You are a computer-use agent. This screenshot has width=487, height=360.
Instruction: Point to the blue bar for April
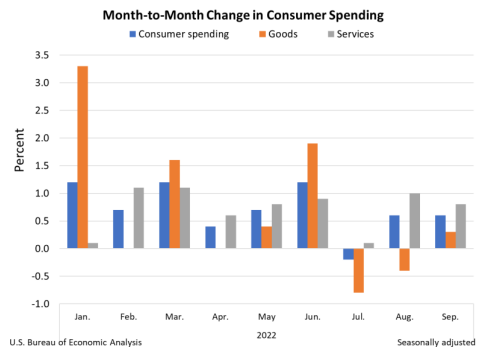(210, 237)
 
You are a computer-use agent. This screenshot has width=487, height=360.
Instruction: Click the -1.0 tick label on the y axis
(43, 304)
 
